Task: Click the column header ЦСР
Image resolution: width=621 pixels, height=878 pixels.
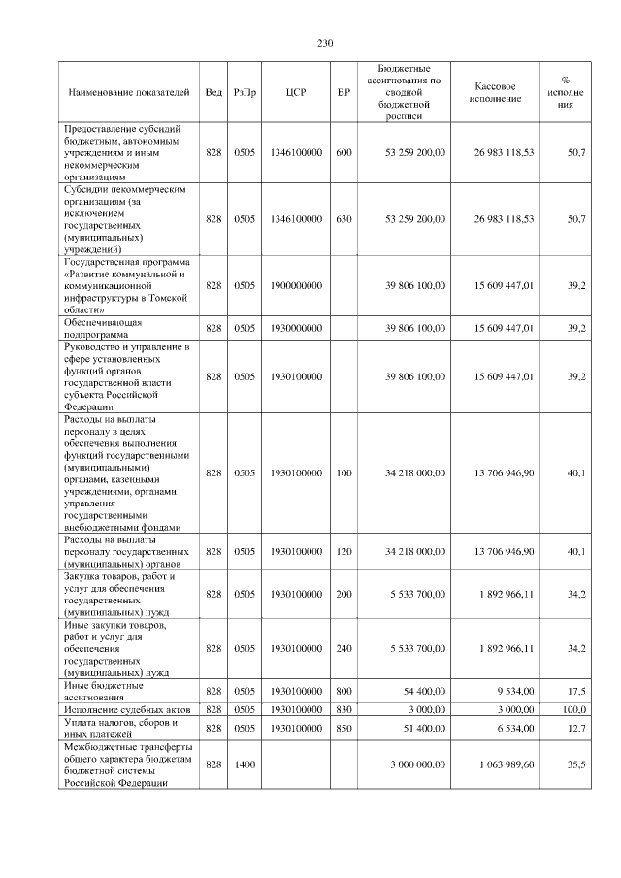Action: pyautogui.click(x=297, y=92)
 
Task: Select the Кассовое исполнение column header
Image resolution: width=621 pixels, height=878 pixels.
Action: pyautogui.click(x=501, y=92)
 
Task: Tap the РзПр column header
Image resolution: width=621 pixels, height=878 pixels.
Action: pyautogui.click(x=245, y=92)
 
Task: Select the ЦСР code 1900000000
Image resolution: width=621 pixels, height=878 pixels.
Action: pyautogui.click(x=297, y=285)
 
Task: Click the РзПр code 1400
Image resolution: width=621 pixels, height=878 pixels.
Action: pyautogui.click(x=245, y=764)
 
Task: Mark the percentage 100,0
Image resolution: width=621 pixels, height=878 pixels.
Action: pyautogui.click(x=573, y=710)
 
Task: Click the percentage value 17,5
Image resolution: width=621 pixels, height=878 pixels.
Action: pyautogui.click(x=575, y=691)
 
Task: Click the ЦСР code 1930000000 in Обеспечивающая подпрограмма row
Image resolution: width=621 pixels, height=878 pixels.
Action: pyautogui.click(x=297, y=329)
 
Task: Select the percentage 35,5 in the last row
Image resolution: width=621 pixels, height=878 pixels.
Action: pyautogui.click(x=575, y=764)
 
